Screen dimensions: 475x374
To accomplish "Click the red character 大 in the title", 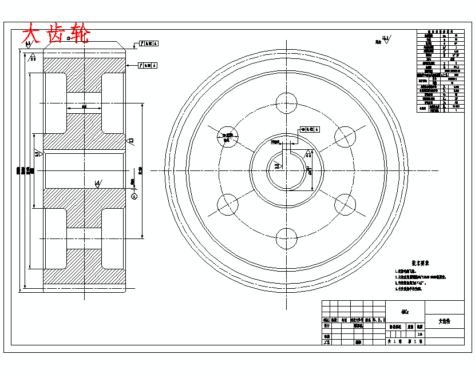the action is (31, 34).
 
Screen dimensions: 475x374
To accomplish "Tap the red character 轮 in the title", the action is (79, 34).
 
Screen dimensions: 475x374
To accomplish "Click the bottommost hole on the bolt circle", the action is (287, 238).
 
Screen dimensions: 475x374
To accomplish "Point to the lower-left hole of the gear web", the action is (227, 204).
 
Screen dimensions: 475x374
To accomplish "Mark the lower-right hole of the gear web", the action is (345, 204).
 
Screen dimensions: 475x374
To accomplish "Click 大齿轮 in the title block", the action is (444, 321).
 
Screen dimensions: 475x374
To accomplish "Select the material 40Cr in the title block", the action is (405, 313).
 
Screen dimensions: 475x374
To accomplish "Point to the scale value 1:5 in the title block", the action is (421, 335).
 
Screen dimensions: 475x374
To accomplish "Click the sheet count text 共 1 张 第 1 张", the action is (405, 341).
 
